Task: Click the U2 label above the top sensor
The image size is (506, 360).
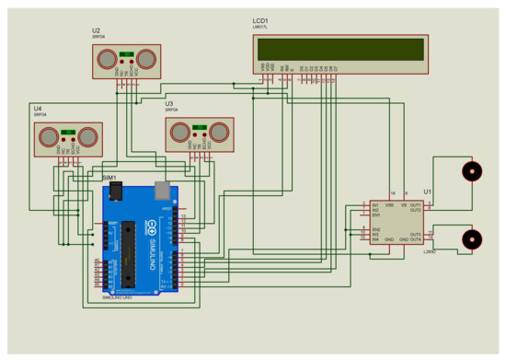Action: pyautogui.click(x=96, y=30)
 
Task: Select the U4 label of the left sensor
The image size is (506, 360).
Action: pyautogui.click(x=38, y=108)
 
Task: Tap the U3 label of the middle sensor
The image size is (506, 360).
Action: pyautogui.click(x=169, y=104)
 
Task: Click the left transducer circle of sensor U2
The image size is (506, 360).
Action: pyautogui.click(x=105, y=60)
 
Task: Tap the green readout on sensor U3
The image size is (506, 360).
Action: pyautogui.click(x=199, y=127)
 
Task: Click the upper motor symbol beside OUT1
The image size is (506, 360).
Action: pyautogui.click(x=471, y=172)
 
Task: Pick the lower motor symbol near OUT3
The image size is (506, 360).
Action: pyautogui.click(x=471, y=238)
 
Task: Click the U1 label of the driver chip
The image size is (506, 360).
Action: pyautogui.click(x=428, y=192)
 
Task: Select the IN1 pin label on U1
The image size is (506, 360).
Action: pyautogui.click(x=376, y=204)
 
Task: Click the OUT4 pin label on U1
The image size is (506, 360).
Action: pyautogui.click(x=415, y=239)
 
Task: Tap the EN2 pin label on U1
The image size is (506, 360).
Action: pyautogui.click(x=376, y=228)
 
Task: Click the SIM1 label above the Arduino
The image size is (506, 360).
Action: pyautogui.click(x=109, y=176)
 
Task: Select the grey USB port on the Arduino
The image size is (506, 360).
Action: pyautogui.click(x=165, y=190)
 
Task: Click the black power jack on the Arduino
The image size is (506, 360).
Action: pyautogui.click(x=116, y=191)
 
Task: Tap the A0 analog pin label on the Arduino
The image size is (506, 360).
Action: pyautogui.click(x=98, y=261)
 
